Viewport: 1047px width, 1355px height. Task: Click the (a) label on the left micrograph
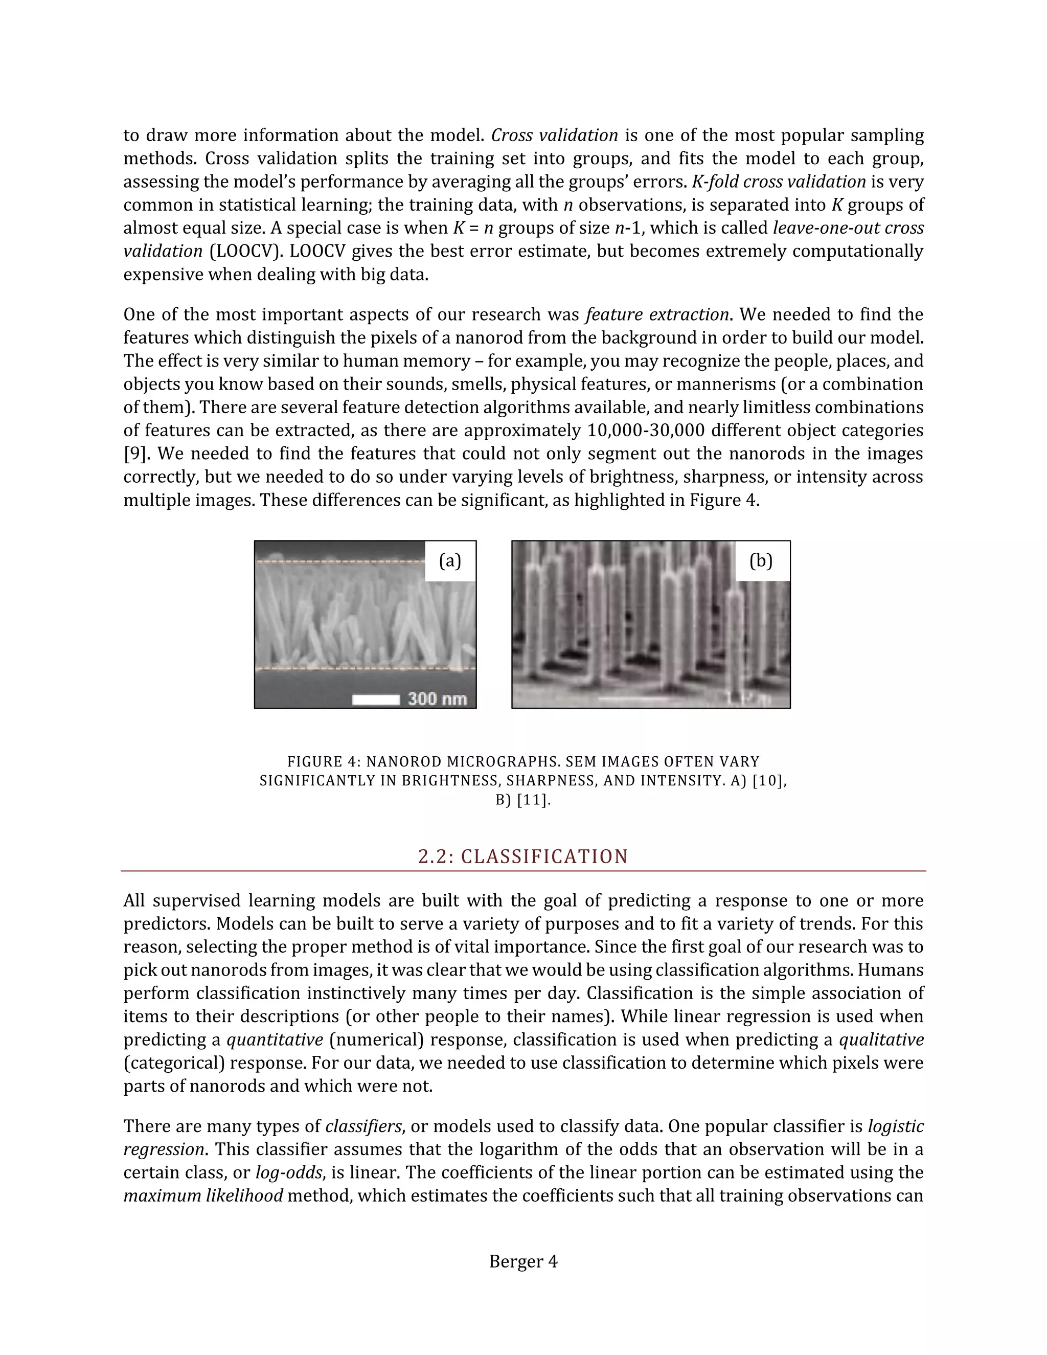tap(450, 561)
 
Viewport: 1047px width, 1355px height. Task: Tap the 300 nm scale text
tap(437, 698)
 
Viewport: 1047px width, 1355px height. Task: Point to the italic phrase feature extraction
tap(657, 314)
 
